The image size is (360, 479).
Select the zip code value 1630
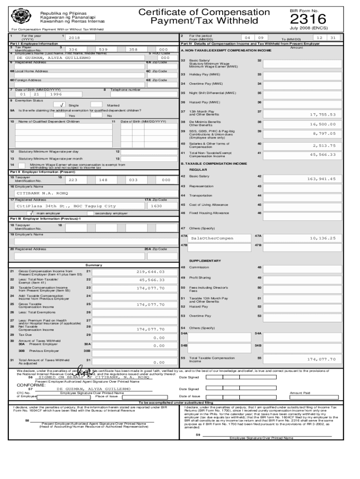coord(157,206)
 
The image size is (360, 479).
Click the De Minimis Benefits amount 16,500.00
coord(323,124)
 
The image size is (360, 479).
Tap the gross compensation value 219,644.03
coord(151,271)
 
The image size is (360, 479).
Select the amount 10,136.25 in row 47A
coord(323,238)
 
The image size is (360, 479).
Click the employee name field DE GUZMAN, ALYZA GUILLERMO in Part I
coord(54,58)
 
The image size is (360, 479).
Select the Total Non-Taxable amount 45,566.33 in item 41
coord(323,154)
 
